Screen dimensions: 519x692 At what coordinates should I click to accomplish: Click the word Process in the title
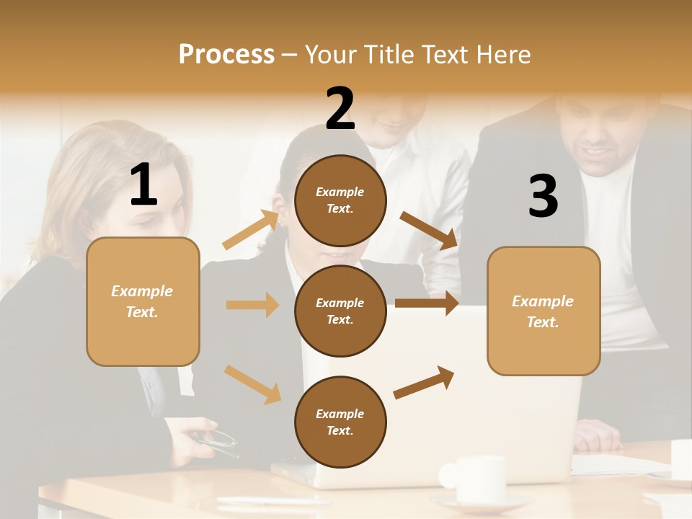click(x=226, y=55)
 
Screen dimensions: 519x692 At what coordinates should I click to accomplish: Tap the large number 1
click(x=143, y=185)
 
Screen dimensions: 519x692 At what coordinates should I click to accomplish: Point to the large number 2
click(x=340, y=109)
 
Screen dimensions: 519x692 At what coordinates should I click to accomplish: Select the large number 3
click(x=543, y=197)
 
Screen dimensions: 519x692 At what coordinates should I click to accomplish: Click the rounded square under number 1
click(x=143, y=301)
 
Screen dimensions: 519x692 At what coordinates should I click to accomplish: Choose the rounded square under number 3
click(x=544, y=311)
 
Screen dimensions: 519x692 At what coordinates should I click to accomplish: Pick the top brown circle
click(x=340, y=200)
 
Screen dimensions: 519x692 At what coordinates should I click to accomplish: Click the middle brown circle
click(x=340, y=311)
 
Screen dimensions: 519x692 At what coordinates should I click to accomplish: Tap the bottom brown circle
click(x=340, y=422)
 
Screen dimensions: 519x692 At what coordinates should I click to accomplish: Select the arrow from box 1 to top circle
click(x=251, y=230)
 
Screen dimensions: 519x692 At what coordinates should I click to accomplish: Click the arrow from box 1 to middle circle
click(x=252, y=305)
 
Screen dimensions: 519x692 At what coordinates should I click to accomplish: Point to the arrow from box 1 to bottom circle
click(x=252, y=383)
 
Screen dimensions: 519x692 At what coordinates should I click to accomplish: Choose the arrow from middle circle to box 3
click(x=426, y=303)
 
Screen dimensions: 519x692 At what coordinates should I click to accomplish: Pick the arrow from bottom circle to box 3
click(x=424, y=382)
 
